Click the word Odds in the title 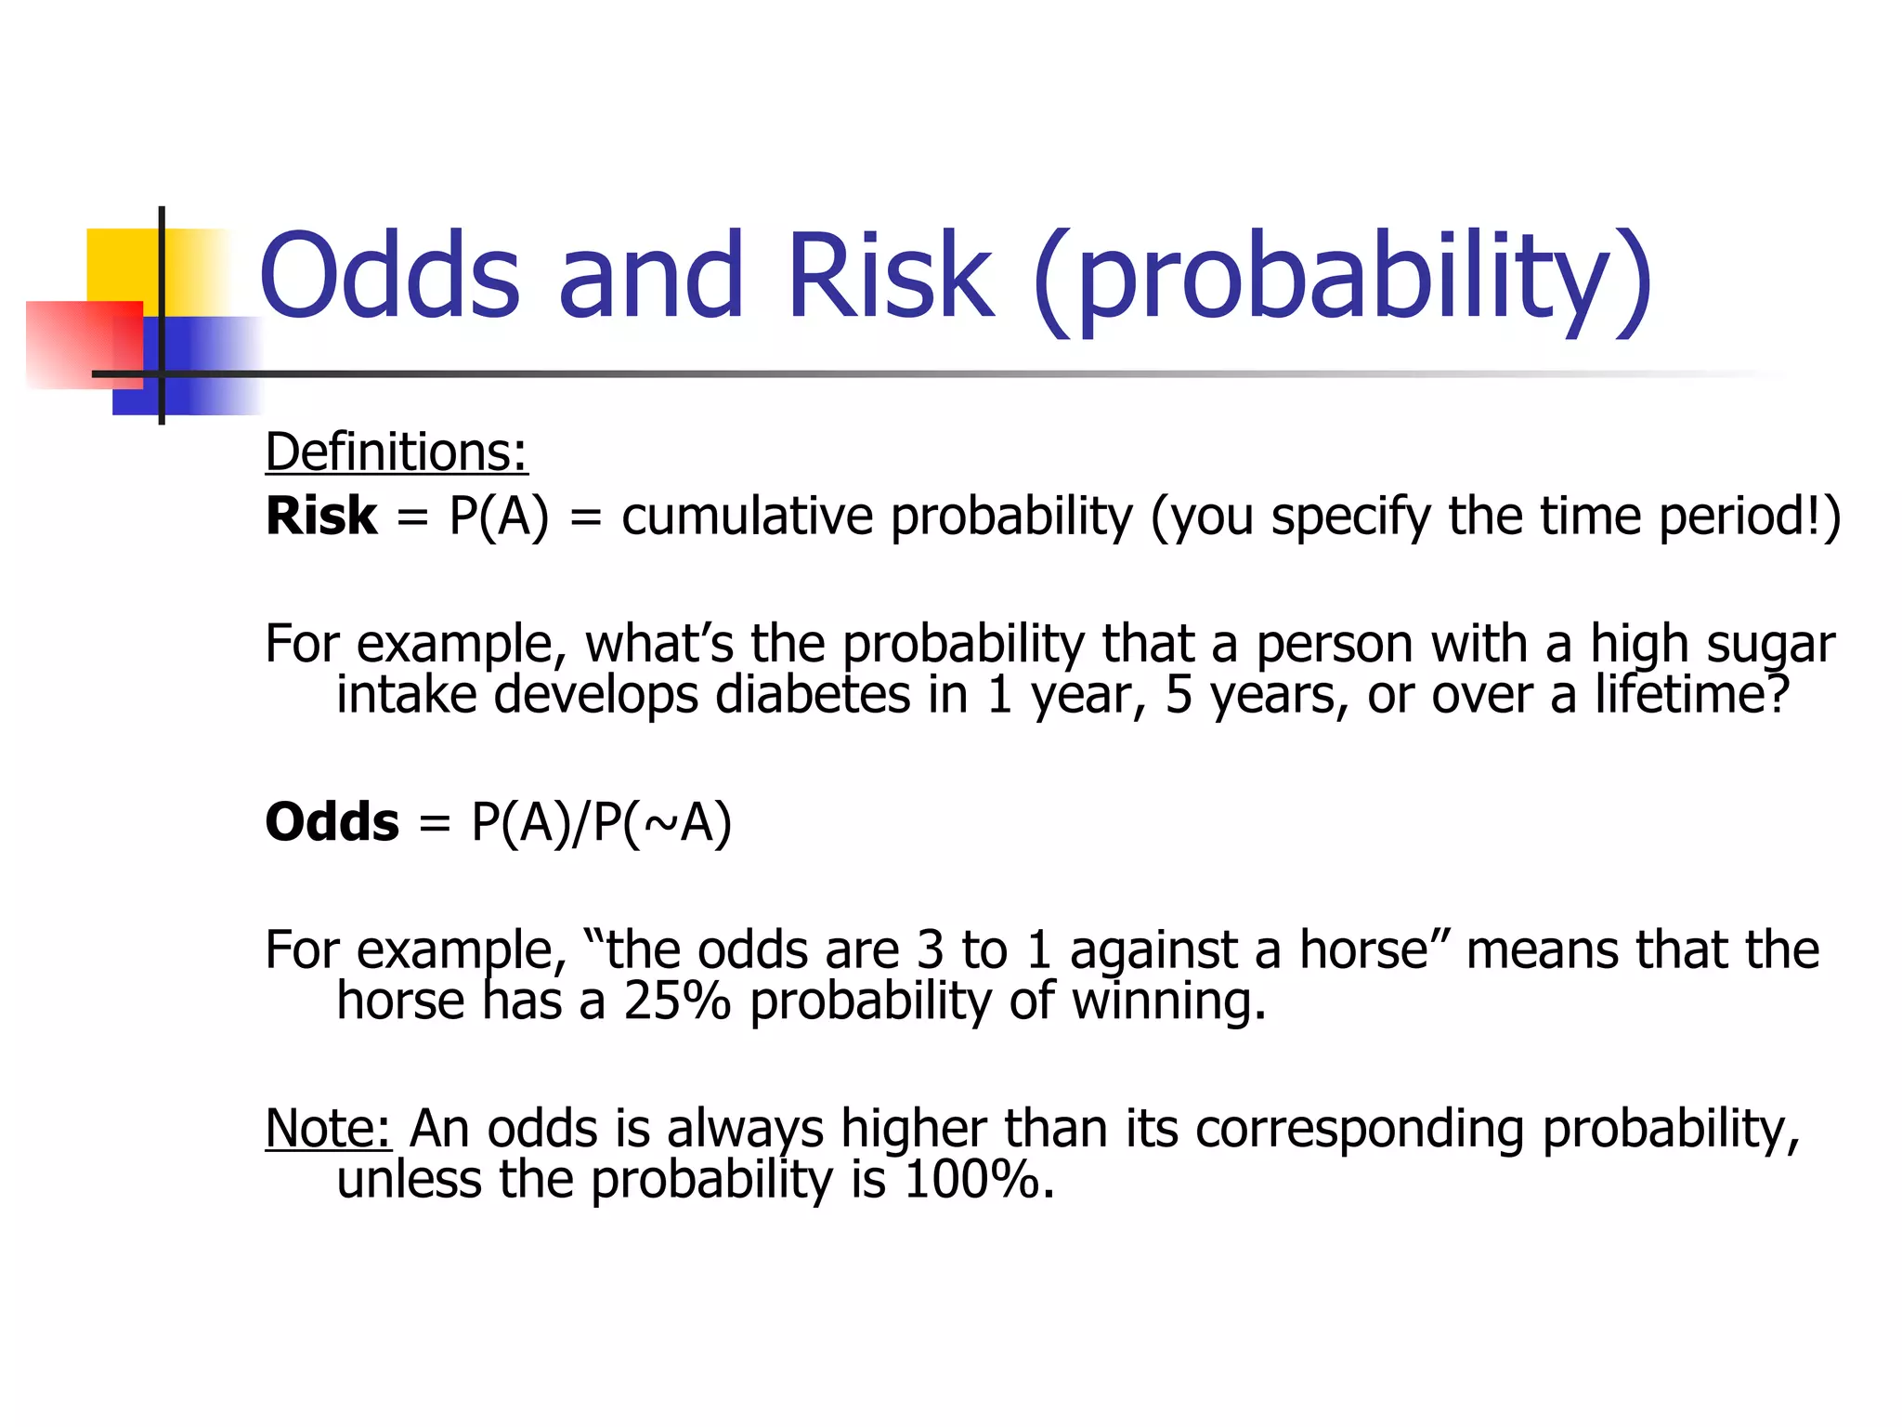390,276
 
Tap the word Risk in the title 889,276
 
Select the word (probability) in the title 1343,279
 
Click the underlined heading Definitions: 397,452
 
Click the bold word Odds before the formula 332,822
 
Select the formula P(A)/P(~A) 602,823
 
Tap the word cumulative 747,517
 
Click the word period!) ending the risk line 1750,517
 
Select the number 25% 677,1002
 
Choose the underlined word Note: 328,1129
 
